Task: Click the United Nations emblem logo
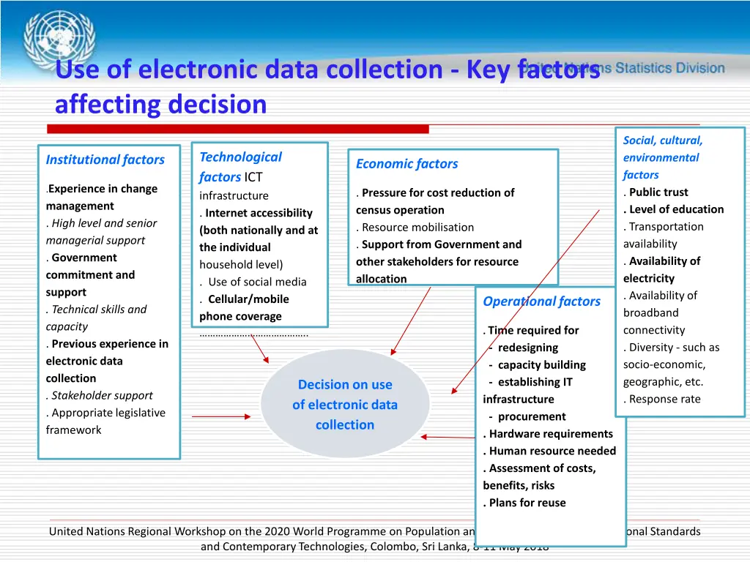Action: pyautogui.click(x=59, y=40)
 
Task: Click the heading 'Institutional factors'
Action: pyautogui.click(x=105, y=160)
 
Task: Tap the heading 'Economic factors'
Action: pyautogui.click(x=406, y=164)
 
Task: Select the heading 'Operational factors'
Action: pyautogui.click(x=541, y=301)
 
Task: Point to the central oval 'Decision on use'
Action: pyautogui.click(x=345, y=404)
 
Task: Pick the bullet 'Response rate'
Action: pyautogui.click(x=664, y=400)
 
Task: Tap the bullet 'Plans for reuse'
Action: pyautogui.click(x=527, y=503)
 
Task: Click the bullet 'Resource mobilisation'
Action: pyautogui.click(x=417, y=228)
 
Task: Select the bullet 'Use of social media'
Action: pyautogui.click(x=247, y=282)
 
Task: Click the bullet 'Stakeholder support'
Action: pyautogui.click(x=102, y=396)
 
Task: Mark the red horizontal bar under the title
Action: pyautogui.click(x=238, y=129)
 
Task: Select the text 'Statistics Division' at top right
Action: pyautogui.click(x=670, y=68)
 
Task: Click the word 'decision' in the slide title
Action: pyautogui.click(x=217, y=105)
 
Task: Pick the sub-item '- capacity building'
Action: pyautogui.click(x=538, y=365)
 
